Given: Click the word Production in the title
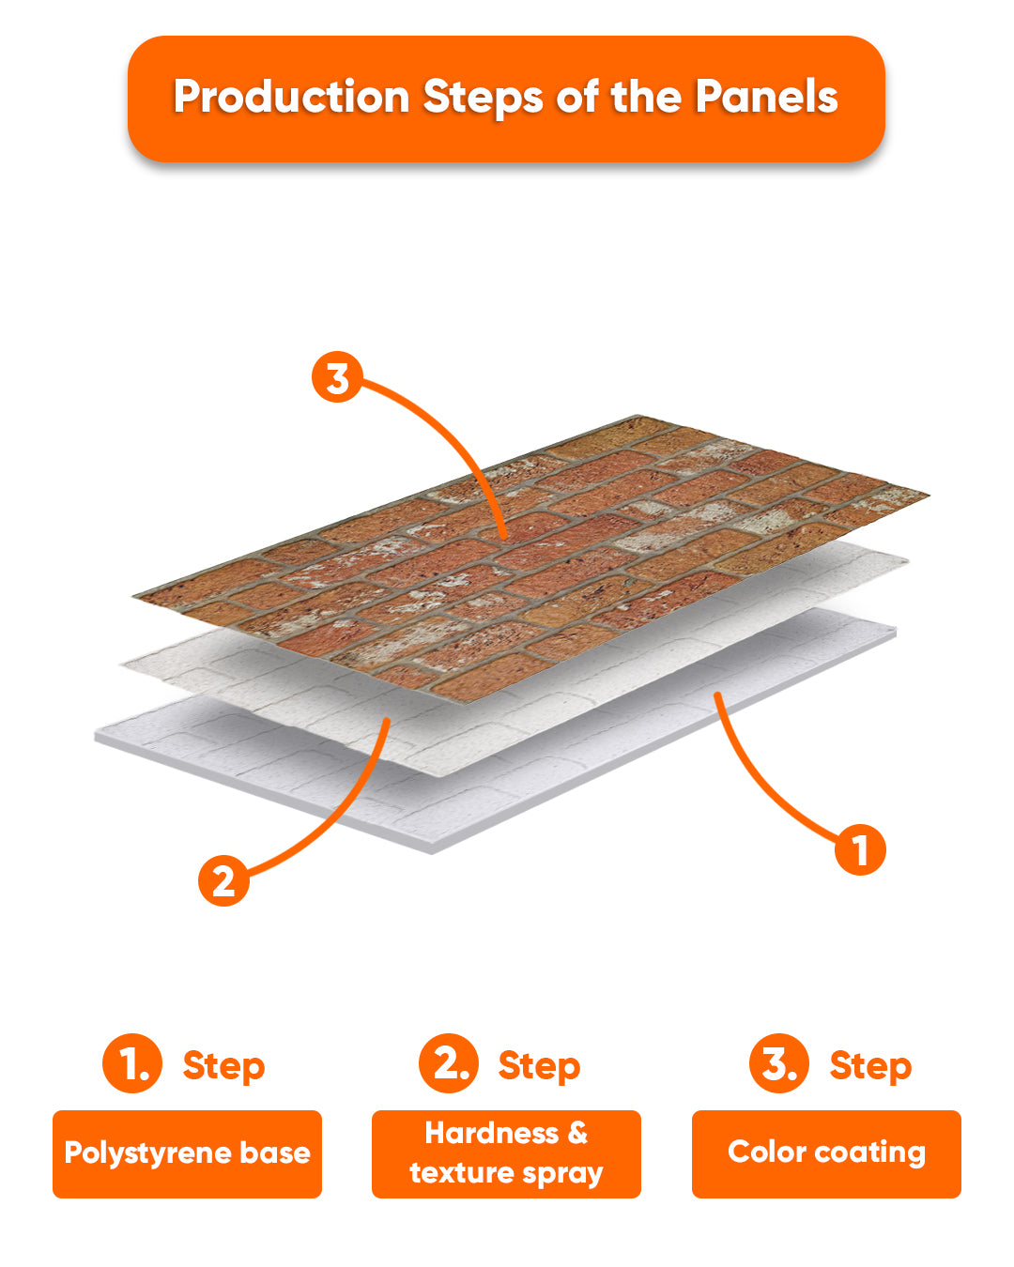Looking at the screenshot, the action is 292,96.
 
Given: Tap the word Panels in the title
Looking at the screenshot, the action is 766,96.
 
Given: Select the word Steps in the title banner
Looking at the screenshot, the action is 483,98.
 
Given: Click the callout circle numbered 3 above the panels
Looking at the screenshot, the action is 337,376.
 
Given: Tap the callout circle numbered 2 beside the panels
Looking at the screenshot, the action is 223,880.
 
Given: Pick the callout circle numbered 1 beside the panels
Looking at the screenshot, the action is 860,849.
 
